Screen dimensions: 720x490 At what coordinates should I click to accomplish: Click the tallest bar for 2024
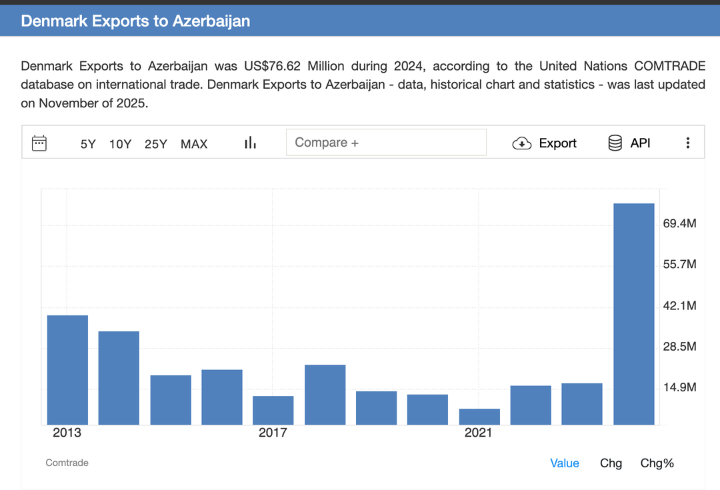click(x=634, y=314)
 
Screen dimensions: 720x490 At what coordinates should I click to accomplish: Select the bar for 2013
click(x=67, y=370)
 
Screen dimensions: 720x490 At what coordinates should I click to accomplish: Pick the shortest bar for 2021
click(x=479, y=417)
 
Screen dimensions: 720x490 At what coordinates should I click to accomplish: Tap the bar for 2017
click(x=273, y=411)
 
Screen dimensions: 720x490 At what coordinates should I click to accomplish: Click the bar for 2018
click(x=325, y=395)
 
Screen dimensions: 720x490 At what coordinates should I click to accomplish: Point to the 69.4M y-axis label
click(x=679, y=223)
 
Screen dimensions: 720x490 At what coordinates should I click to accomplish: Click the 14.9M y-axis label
click(x=679, y=387)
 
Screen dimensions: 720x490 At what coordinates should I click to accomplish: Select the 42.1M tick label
click(x=679, y=306)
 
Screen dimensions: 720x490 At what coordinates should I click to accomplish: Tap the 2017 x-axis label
click(x=273, y=433)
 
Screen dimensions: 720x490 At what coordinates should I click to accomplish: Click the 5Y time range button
click(x=88, y=144)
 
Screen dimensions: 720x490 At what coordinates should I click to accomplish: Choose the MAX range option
click(x=194, y=144)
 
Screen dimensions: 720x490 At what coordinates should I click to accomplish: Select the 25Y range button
click(x=155, y=144)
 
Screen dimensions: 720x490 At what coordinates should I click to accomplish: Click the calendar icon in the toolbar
click(x=39, y=143)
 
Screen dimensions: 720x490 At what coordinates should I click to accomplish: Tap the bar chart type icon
click(x=250, y=143)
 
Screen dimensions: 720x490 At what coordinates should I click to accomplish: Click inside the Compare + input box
click(x=386, y=143)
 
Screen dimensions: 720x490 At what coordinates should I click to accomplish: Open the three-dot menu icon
click(x=688, y=143)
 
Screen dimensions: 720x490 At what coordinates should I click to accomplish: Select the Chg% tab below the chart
click(x=657, y=463)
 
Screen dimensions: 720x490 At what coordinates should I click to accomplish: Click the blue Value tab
click(x=565, y=463)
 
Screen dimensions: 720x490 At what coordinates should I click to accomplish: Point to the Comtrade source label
click(x=67, y=463)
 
